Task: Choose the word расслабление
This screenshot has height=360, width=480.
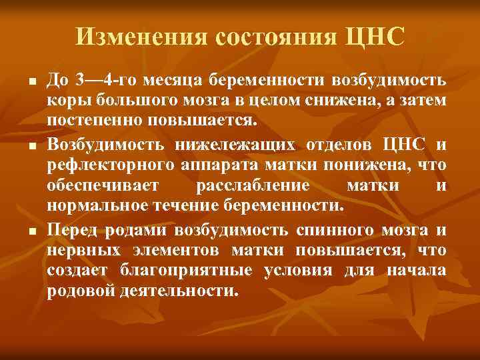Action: (253, 185)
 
